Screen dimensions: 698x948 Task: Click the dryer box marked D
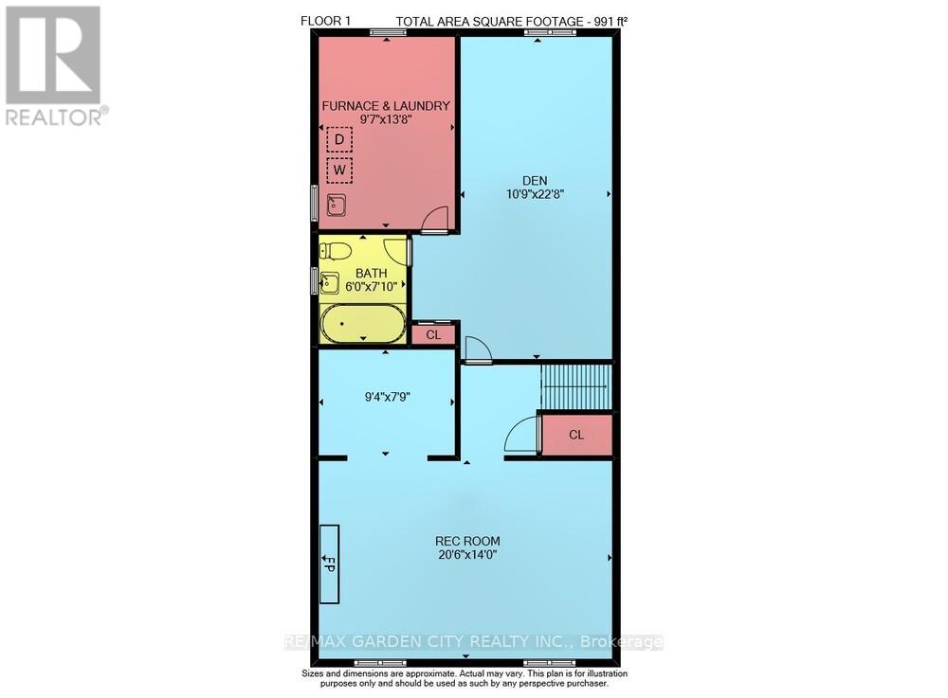pyautogui.click(x=339, y=141)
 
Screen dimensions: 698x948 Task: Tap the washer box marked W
pyautogui.click(x=339, y=171)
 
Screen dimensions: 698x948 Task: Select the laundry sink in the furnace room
pyautogui.click(x=336, y=205)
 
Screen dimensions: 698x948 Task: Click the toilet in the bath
pyautogui.click(x=335, y=251)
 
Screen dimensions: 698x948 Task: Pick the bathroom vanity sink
pyautogui.click(x=329, y=282)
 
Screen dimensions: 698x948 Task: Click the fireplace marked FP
pyautogui.click(x=330, y=564)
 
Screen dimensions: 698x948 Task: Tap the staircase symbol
pyautogui.click(x=576, y=386)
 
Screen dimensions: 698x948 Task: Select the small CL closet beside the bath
pyautogui.click(x=433, y=334)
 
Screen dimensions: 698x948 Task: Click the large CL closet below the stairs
pyautogui.click(x=576, y=435)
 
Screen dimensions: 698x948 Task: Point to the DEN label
pyautogui.click(x=536, y=180)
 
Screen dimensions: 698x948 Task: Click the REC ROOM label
pyautogui.click(x=464, y=541)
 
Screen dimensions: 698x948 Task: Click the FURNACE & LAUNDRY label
pyautogui.click(x=385, y=105)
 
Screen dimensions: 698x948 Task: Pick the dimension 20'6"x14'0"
pyautogui.click(x=464, y=556)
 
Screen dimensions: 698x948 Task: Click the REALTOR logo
pyautogui.click(x=55, y=66)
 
